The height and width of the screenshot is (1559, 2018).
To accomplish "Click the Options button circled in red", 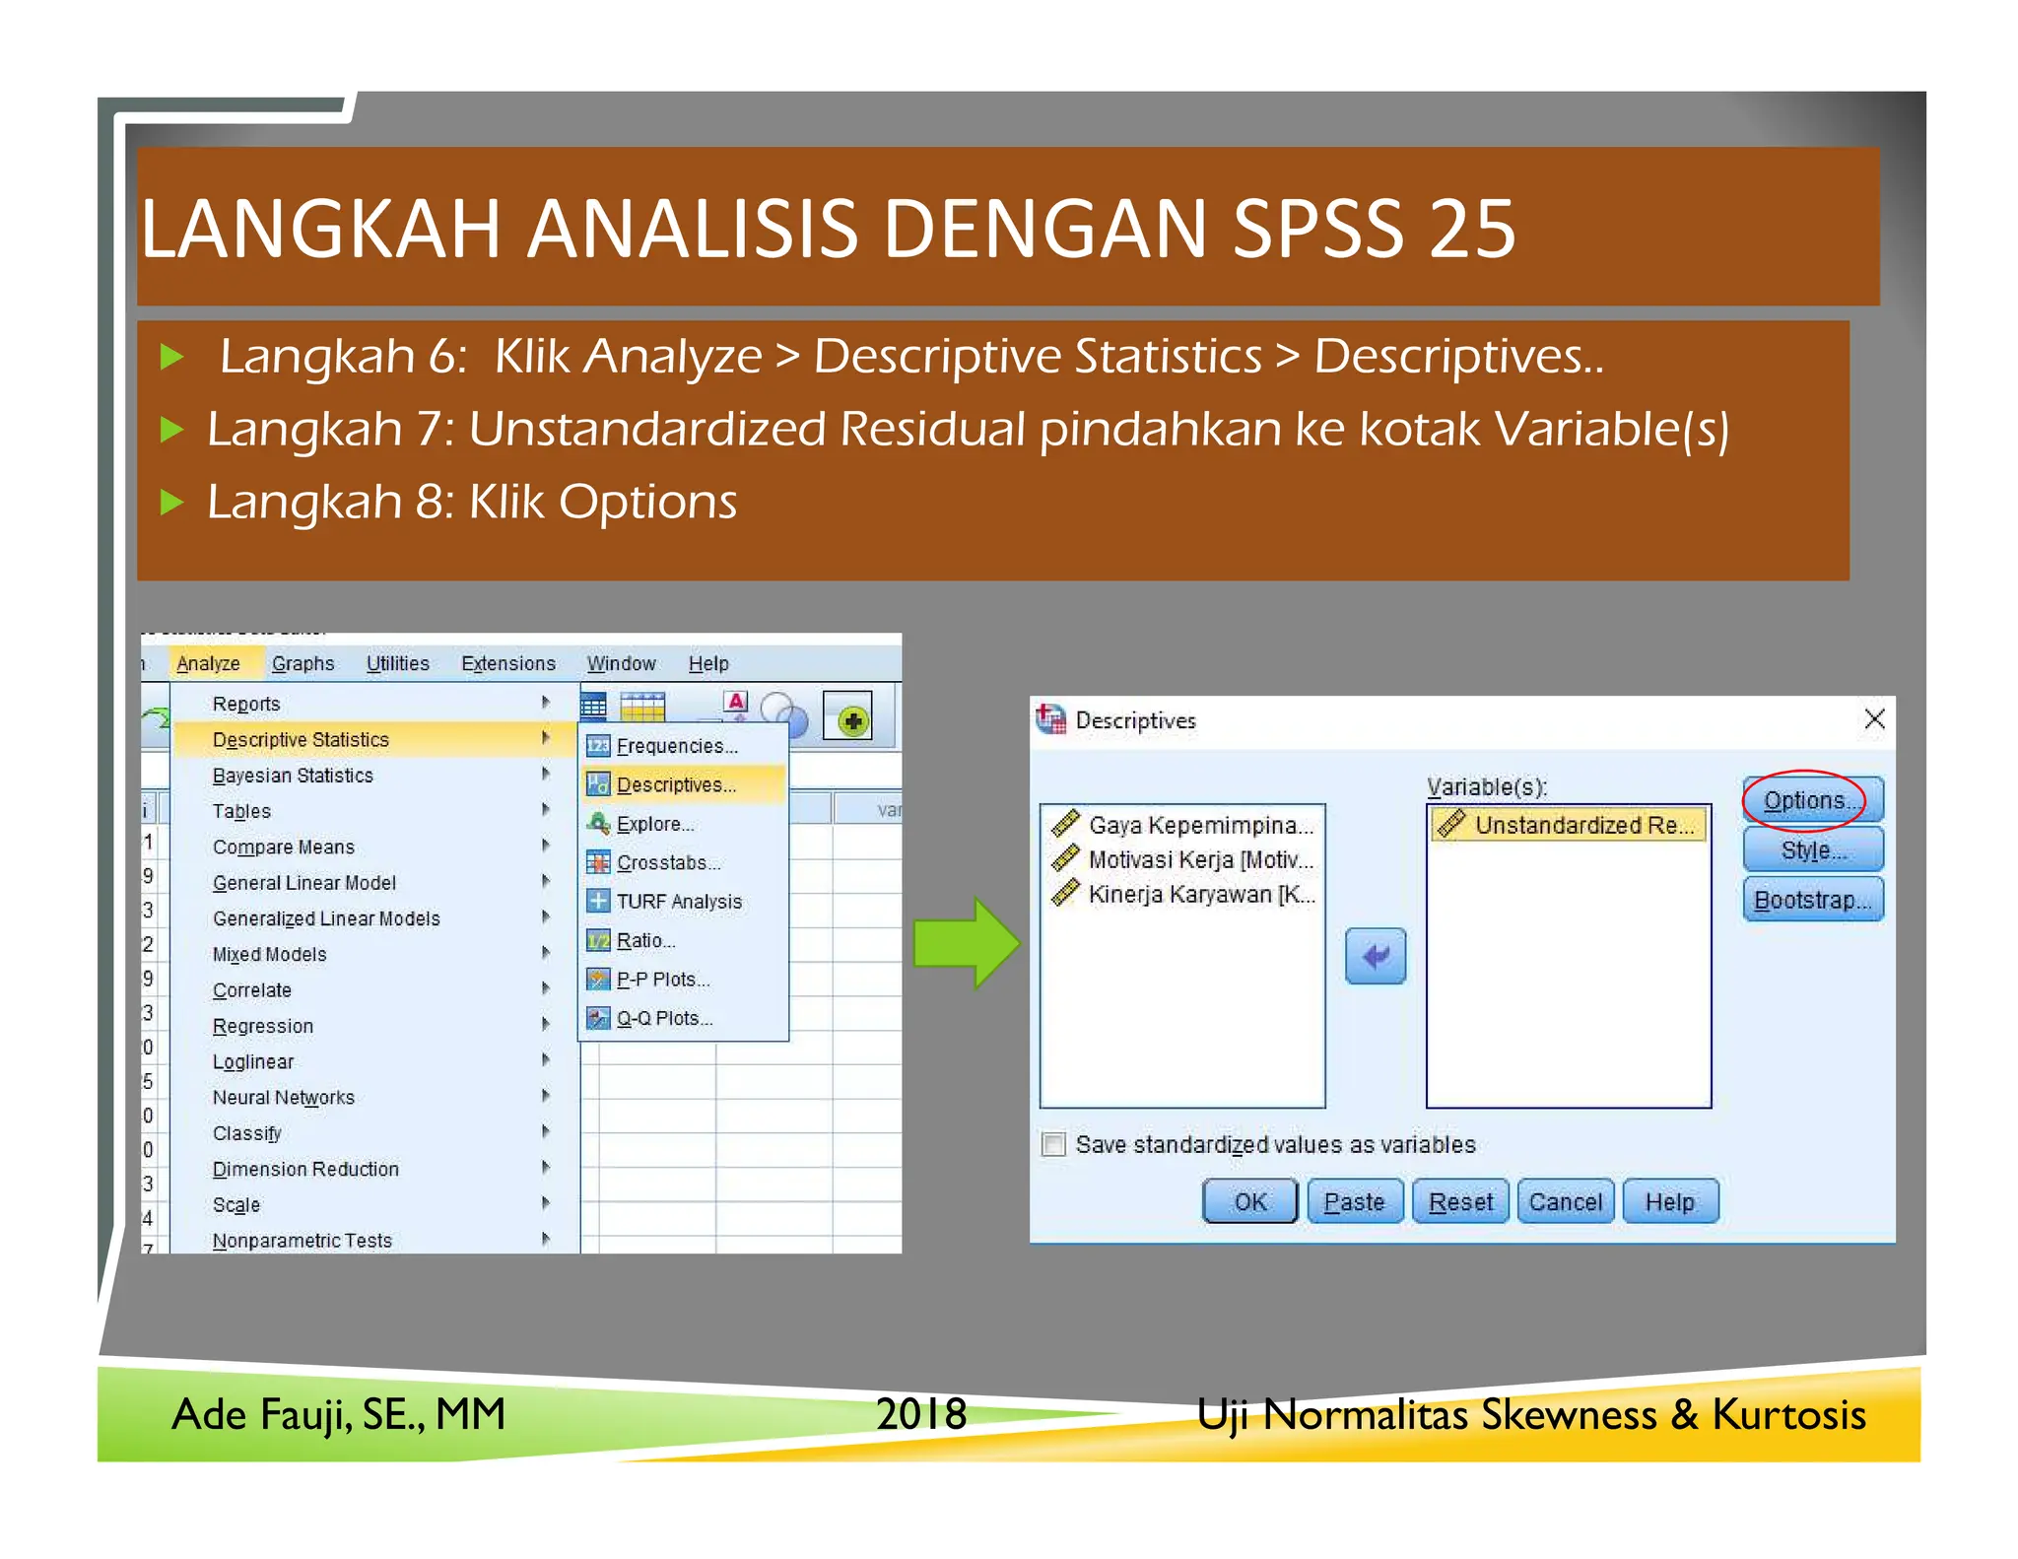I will coord(1811,800).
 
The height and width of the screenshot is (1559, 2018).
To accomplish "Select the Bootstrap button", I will coord(1812,900).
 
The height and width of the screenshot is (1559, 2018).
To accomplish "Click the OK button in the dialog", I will coord(1249,1201).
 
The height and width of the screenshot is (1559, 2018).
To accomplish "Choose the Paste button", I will coord(1354,1201).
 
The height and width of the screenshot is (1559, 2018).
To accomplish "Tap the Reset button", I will coord(1460,1201).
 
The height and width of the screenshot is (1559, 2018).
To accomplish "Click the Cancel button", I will coord(1565,1201).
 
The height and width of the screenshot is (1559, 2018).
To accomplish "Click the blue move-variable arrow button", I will coord(1376,955).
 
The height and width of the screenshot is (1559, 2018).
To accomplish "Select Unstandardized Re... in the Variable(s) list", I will coord(1569,825).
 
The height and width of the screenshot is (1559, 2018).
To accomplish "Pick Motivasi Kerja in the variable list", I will coord(1199,859).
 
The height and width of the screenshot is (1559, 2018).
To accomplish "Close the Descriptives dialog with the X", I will coord(1874,719).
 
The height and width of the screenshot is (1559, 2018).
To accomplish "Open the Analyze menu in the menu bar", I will coord(208,663).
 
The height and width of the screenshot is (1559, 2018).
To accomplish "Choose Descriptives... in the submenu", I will coord(676,784).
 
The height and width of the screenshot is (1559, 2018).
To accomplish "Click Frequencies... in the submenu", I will coord(676,746).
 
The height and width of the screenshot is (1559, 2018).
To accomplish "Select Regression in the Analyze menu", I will coord(263,1026).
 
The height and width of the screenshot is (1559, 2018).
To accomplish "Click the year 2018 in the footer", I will coord(921,1414).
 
